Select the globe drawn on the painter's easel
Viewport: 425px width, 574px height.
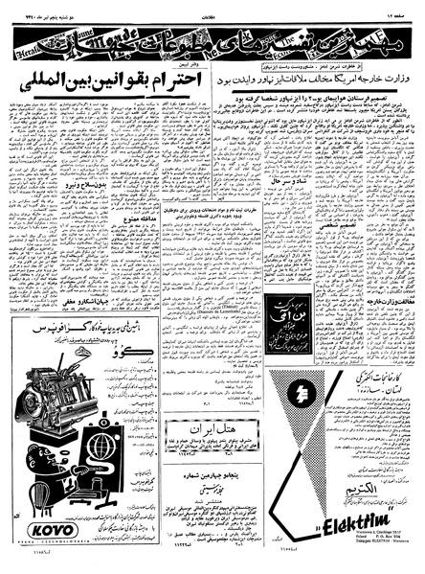(99, 497)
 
